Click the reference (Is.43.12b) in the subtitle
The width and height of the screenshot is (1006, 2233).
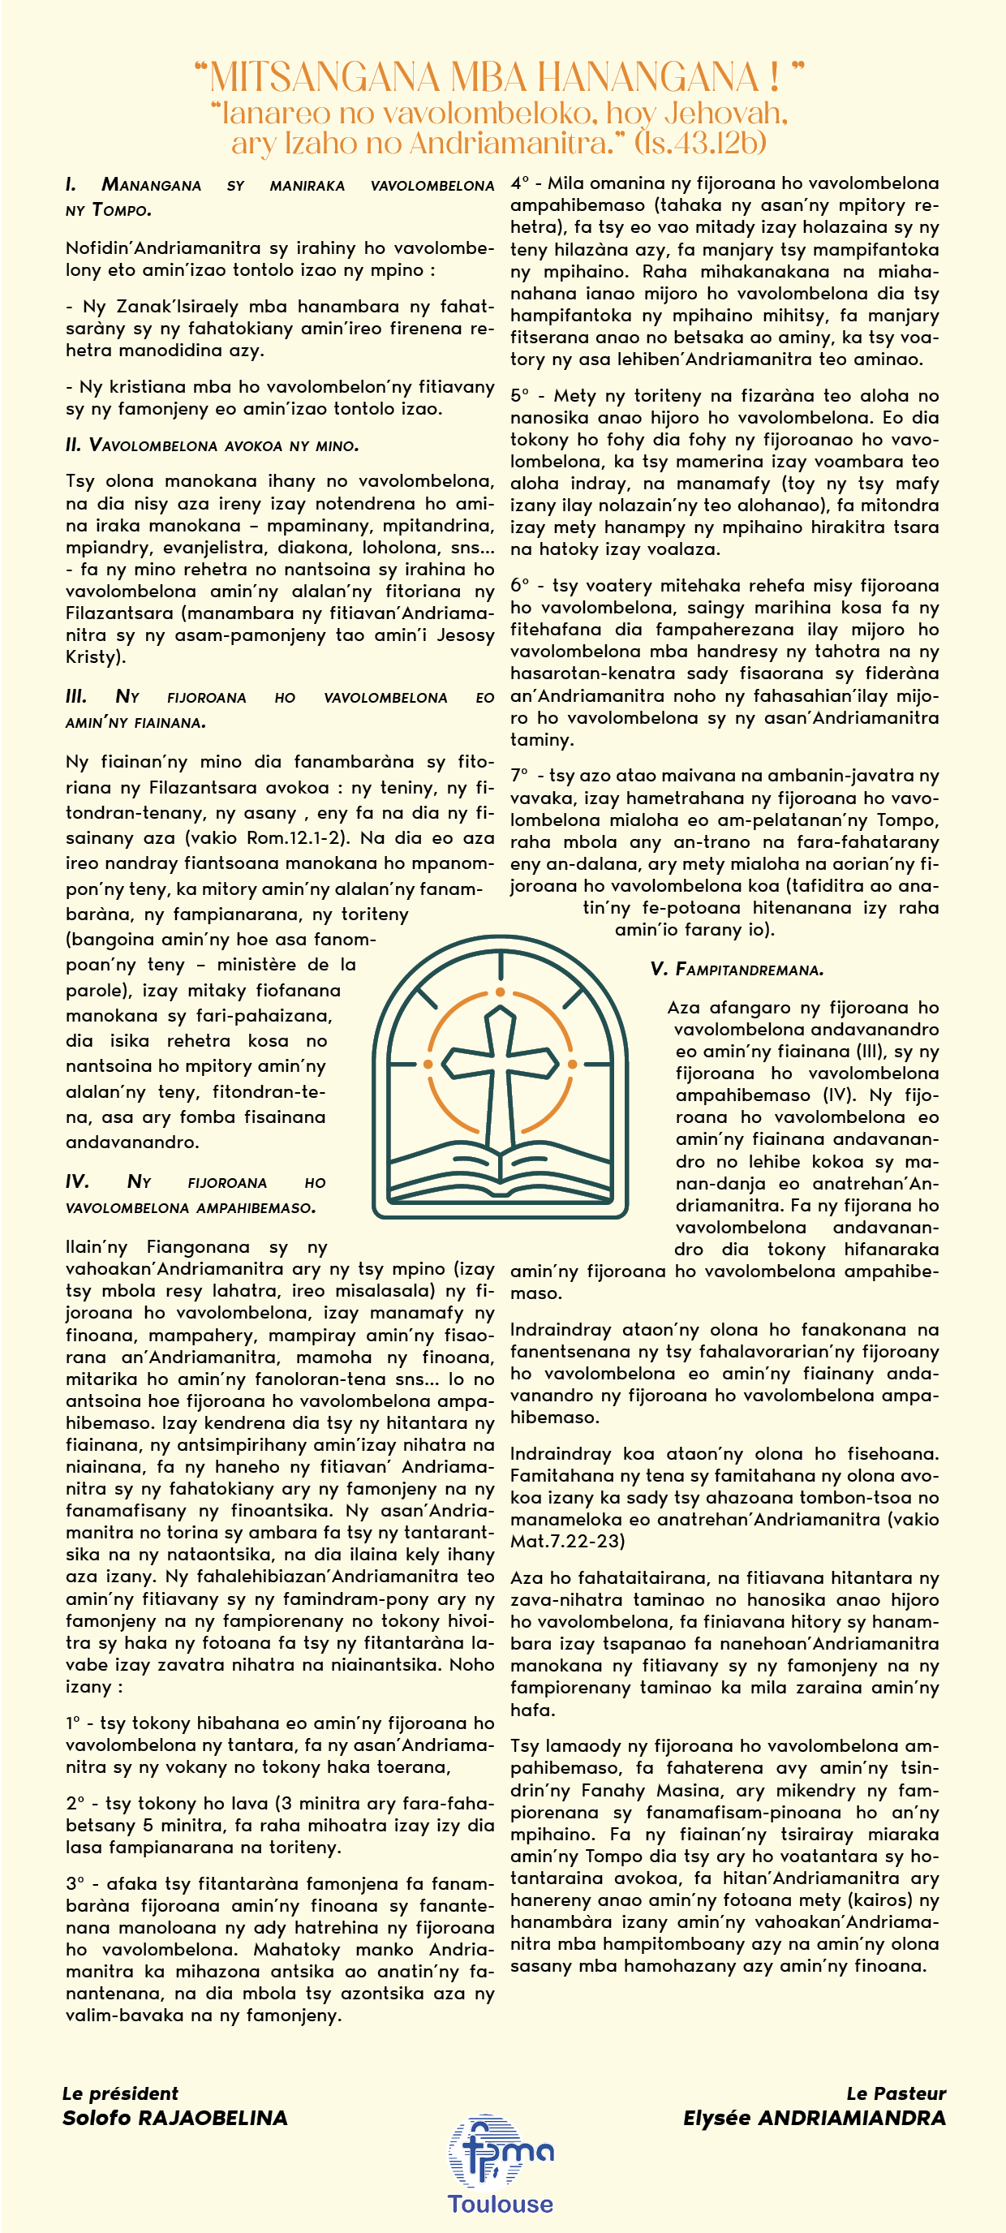(700, 143)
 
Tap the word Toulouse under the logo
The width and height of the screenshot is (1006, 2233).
(500, 2204)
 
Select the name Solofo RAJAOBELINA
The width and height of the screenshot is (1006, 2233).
(175, 2118)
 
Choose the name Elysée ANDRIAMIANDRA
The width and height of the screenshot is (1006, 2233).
(814, 2118)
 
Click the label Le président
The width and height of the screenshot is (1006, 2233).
(119, 2093)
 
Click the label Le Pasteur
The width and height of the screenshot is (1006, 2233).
(896, 2093)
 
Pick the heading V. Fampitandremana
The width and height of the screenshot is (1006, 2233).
(737, 969)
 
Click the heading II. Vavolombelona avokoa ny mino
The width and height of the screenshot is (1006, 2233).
(213, 445)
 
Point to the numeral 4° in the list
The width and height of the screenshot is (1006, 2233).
(519, 183)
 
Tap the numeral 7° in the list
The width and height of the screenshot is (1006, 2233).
(519, 776)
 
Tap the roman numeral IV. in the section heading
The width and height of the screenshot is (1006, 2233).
(77, 1181)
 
